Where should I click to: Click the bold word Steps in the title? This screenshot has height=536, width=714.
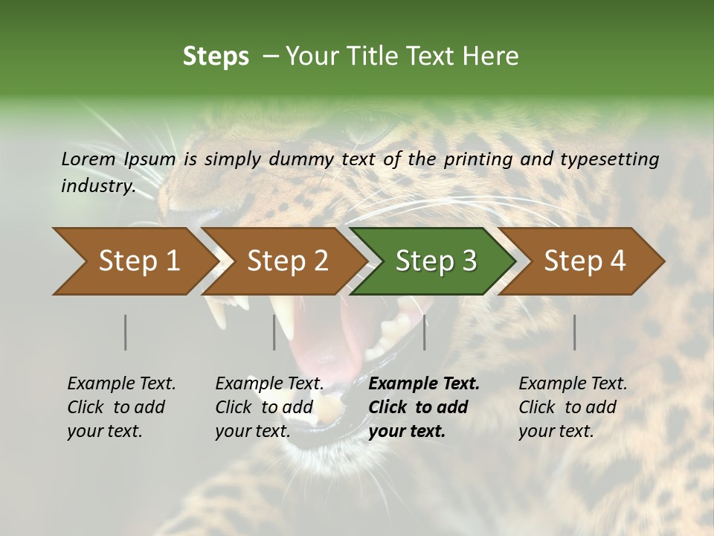click(216, 57)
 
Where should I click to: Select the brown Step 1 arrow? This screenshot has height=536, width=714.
click(134, 261)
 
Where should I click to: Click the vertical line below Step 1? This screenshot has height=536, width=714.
click(125, 332)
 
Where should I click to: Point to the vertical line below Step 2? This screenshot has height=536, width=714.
click(274, 332)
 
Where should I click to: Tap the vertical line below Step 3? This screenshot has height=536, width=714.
click(425, 332)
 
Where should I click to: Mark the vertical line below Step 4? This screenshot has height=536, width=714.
click(575, 332)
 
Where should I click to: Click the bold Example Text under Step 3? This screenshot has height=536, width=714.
click(424, 384)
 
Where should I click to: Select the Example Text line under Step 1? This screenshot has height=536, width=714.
click(121, 384)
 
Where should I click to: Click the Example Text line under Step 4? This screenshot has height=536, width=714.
click(573, 384)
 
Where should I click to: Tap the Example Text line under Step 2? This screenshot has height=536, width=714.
click(269, 384)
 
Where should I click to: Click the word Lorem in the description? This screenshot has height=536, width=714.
click(88, 159)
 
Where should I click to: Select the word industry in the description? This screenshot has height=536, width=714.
click(97, 186)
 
